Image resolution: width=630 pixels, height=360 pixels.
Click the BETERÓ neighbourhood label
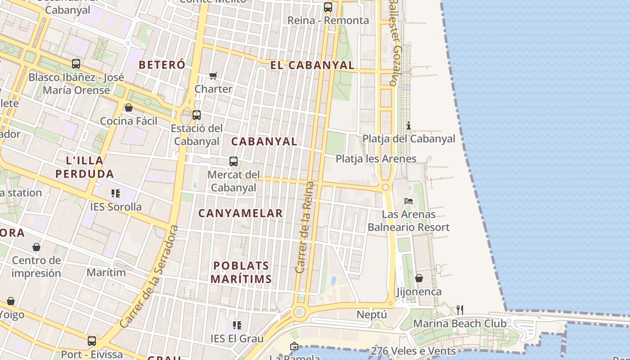(162, 65)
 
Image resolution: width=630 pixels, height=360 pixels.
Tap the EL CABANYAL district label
(312, 65)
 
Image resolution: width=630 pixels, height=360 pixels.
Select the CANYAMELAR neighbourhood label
(240, 213)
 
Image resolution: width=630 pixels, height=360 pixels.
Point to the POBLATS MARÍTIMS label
(241, 272)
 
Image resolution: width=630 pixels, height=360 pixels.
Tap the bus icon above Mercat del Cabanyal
(233, 162)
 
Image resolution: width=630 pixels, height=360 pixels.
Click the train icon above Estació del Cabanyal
(197, 115)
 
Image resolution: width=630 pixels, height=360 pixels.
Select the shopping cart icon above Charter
(213, 76)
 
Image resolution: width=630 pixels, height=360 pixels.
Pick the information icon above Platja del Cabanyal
(409, 126)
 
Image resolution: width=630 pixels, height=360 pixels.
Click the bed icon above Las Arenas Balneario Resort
(409, 201)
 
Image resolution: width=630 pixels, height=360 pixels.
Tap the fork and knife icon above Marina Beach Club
(459, 310)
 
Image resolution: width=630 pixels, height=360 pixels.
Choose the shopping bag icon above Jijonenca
(419, 278)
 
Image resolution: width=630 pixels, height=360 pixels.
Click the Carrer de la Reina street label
(304, 227)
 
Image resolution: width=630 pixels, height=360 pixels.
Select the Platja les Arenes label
(376, 159)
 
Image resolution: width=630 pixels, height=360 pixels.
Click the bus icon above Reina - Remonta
(328, 7)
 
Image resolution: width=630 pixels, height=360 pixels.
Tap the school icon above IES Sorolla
(116, 193)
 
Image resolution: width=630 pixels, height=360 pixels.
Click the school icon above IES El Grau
(237, 325)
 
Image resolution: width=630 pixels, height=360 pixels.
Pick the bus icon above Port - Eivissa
(92, 341)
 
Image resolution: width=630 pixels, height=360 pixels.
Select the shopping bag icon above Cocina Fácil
(129, 108)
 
